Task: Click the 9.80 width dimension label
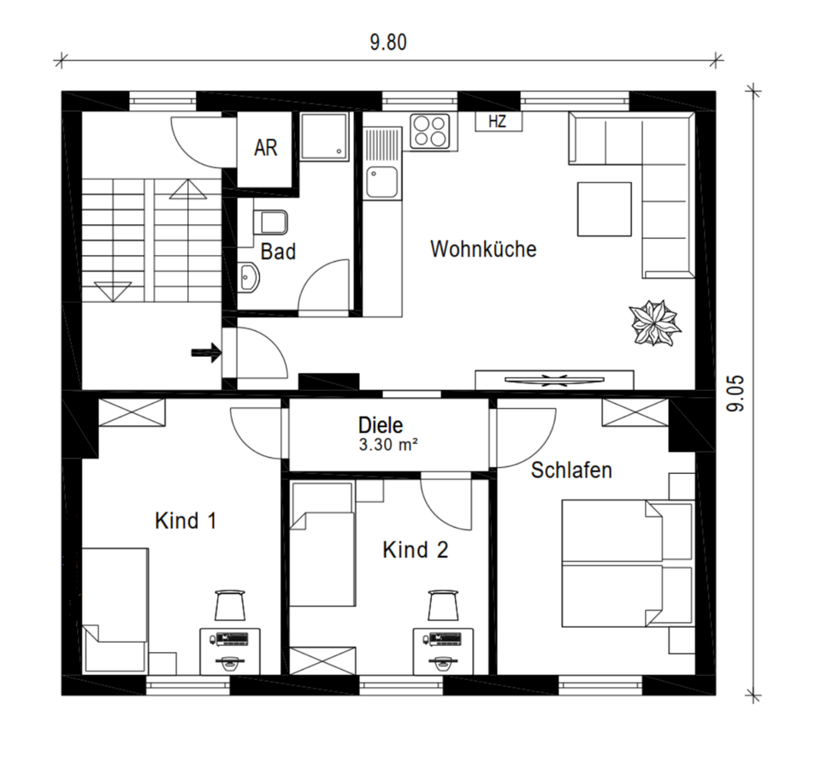(388, 43)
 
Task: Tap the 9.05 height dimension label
(735, 394)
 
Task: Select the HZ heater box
(498, 121)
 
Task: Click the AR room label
(265, 148)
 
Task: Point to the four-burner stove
(430, 131)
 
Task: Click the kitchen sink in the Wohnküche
(382, 181)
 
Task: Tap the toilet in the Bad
(270, 222)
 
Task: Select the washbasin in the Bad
(249, 276)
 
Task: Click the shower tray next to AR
(324, 136)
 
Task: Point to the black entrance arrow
(205, 353)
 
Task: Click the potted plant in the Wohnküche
(655, 323)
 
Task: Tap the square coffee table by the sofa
(605, 209)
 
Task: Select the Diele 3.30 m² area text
(387, 446)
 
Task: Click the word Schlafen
(571, 471)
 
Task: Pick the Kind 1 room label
(186, 521)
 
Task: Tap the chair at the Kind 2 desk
(443, 606)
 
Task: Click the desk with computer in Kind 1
(230, 651)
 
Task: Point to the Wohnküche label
(483, 249)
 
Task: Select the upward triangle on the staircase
(187, 189)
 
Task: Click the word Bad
(278, 252)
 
